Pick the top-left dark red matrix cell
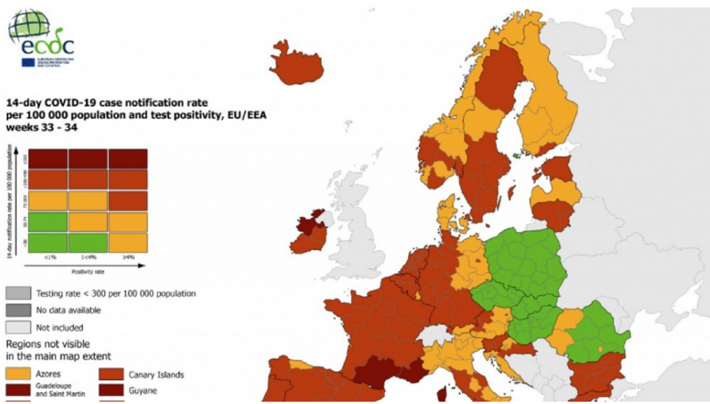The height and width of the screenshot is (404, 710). coord(47,158)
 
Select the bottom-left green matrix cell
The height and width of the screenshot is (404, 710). coord(47,242)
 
